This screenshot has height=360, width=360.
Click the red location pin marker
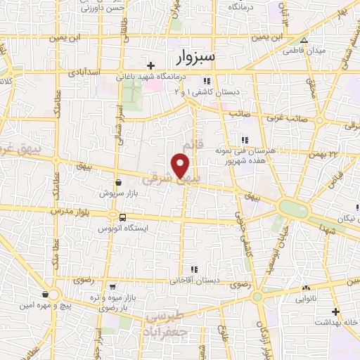coord(181,165)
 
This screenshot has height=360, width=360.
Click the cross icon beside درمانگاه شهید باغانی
coord(150,65)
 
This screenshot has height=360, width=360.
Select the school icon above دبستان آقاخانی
coord(195,269)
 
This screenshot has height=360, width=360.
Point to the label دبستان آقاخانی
coord(195,280)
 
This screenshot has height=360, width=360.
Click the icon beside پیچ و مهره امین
coord(46,294)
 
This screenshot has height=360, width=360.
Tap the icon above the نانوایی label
coord(306,288)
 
